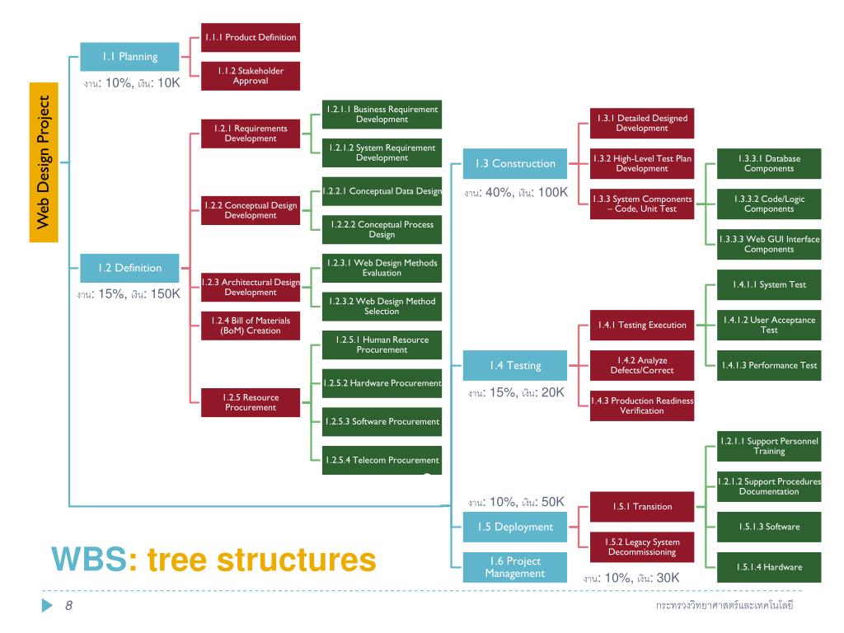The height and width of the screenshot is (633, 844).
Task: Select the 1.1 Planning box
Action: tap(129, 57)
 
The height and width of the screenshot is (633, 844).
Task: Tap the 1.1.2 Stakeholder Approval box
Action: tap(251, 76)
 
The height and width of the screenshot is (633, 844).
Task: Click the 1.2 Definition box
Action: tap(129, 268)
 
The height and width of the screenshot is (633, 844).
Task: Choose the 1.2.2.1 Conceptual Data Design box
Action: tap(382, 191)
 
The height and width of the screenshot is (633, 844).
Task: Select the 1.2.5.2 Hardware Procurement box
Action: tap(382, 383)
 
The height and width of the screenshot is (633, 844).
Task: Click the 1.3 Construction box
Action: tap(515, 163)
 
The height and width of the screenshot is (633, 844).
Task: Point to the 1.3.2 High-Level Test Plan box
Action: tap(642, 163)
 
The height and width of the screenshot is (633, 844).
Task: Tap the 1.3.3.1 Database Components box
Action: tap(769, 163)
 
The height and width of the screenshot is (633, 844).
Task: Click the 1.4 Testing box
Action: tap(515, 365)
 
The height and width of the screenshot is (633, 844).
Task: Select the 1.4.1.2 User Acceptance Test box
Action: tap(769, 325)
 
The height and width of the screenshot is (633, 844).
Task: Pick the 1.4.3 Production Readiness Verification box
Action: tap(642, 406)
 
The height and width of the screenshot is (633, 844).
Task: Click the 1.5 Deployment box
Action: tap(515, 527)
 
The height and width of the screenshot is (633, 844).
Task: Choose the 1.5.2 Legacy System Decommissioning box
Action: tap(642, 547)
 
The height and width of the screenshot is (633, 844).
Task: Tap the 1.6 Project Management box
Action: tap(515, 567)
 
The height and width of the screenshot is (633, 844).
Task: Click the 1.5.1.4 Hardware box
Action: tap(769, 567)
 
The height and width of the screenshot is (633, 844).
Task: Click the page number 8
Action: tap(69, 606)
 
